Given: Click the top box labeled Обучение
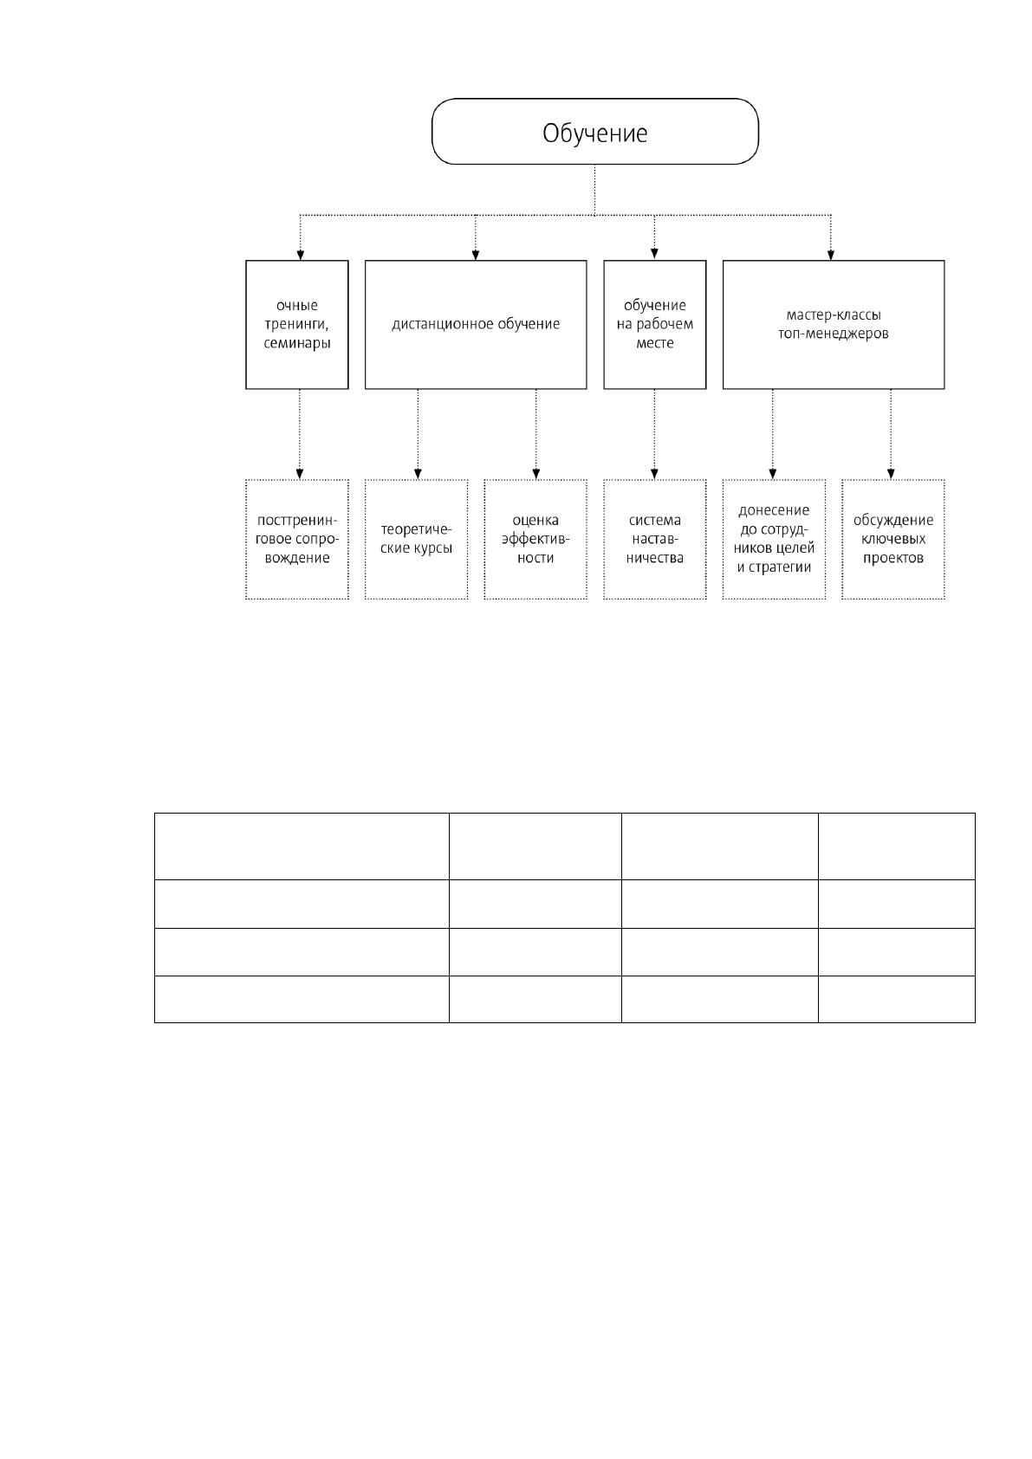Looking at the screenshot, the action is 594,132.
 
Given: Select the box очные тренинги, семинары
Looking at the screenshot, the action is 297,324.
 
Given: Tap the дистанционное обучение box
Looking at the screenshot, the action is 476,324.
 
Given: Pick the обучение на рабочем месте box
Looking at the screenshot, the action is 655,324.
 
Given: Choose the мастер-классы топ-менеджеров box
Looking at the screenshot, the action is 834,324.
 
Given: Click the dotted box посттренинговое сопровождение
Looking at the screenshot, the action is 297,539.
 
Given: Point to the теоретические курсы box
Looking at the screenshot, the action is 416,539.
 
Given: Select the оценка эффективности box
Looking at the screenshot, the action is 535,539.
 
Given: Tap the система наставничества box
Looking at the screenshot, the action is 655,539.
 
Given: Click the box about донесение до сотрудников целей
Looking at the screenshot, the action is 774,539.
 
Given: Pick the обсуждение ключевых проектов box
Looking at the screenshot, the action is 893,539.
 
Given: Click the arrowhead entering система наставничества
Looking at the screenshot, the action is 655,474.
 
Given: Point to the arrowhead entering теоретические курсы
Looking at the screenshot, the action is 419,474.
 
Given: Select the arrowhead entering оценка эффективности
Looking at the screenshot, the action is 536,474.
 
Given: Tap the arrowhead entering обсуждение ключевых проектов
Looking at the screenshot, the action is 892,474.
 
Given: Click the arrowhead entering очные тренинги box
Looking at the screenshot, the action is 300,255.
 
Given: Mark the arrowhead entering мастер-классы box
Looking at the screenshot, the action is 831,255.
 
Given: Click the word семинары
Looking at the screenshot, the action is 297,343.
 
